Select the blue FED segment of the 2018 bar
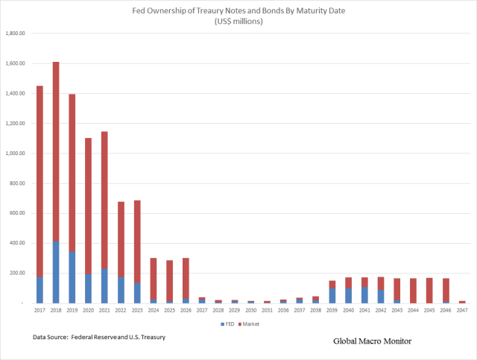point(56,272)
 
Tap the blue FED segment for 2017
point(40,290)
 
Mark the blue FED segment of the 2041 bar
point(364,295)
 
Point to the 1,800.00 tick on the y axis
point(16,34)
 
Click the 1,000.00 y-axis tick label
point(16,154)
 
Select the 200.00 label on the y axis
point(17,274)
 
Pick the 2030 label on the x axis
point(250,309)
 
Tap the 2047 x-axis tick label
point(462,309)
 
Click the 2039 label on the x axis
point(332,309)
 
